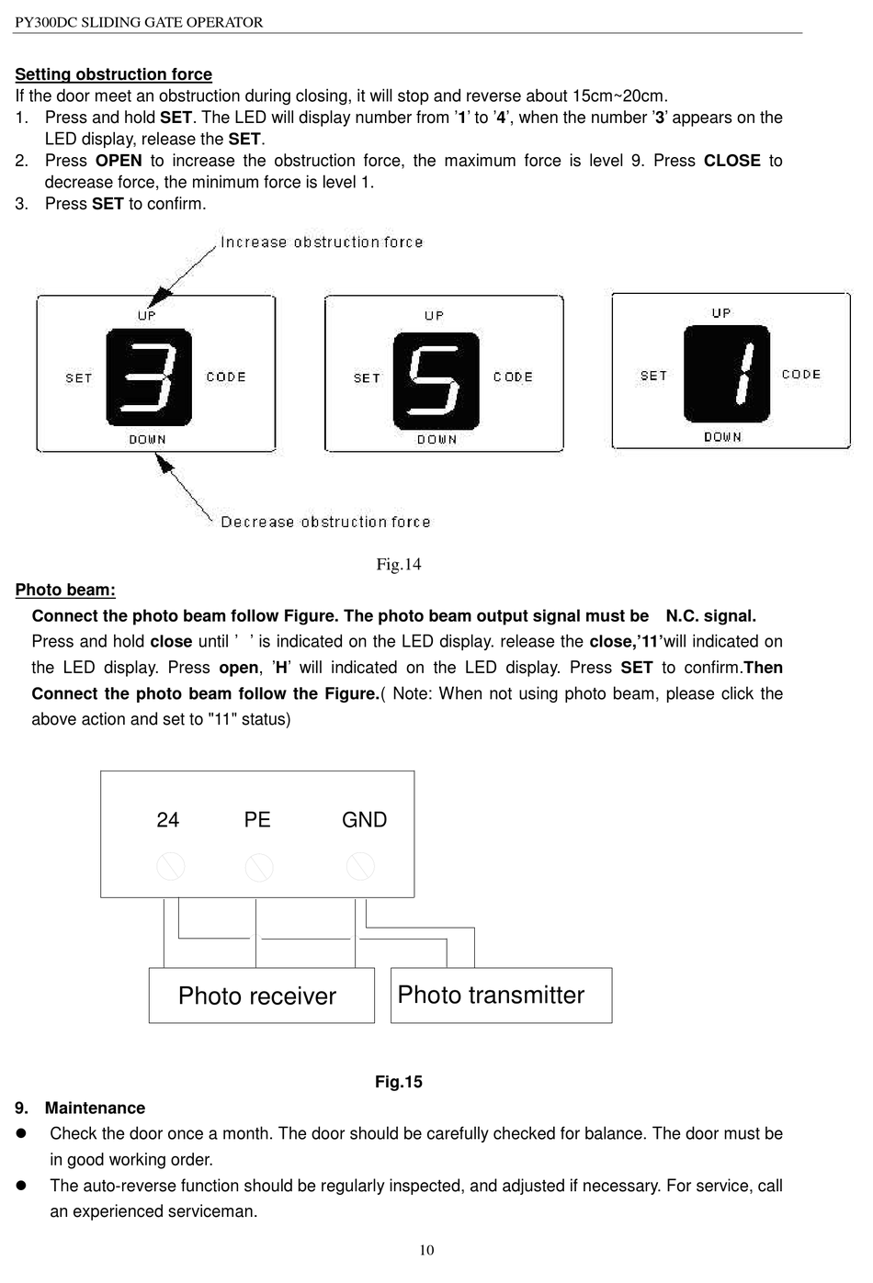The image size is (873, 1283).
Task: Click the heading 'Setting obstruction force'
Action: (113, 74)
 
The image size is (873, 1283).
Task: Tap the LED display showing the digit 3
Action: (149, 377)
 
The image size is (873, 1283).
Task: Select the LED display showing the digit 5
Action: (436, 380)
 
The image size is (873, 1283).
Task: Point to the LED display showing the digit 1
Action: (726, 374)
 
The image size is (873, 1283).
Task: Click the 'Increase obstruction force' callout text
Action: (322, 242)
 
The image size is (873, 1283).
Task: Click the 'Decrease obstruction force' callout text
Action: (325, 522)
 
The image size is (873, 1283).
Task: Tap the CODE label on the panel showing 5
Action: (513, 377)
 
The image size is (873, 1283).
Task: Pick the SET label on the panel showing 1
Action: (653, 376)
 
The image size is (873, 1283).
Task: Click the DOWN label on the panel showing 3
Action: (147, 439)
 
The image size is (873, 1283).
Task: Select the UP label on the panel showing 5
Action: (434, 315)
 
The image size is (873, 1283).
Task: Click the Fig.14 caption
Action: (398, 564)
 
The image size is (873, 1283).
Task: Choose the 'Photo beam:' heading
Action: (65, 590)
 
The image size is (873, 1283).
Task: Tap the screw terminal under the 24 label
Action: (171, 866)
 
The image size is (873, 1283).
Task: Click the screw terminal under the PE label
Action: (259, 866)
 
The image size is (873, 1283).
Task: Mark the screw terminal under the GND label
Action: (360, 866)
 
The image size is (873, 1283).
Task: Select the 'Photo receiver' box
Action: (261, 996)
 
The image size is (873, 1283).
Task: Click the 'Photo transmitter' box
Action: (501, 995)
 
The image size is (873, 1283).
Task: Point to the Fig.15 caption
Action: (398, 1082)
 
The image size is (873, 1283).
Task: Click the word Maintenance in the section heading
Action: (95, 1108)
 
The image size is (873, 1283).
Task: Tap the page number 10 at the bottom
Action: (426, 1250)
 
